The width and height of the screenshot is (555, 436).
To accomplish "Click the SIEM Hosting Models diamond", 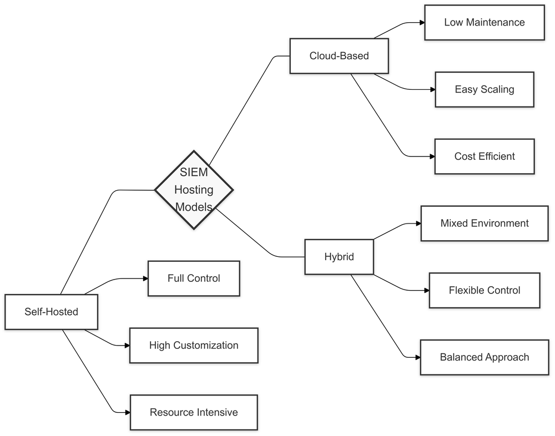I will (194, 190).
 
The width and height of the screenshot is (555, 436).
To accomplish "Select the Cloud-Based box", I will (339, 55).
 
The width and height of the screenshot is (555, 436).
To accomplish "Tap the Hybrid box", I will (339, 257).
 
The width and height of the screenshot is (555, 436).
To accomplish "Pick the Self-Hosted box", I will (51, 312).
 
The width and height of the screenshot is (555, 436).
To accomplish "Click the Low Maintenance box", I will (484, 23).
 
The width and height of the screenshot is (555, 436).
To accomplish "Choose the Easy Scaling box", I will (484, 89).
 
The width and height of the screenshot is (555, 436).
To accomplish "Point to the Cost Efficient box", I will (484, 156).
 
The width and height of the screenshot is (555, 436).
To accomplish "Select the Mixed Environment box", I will (484, 224).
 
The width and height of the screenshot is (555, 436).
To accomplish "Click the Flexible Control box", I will (484, 290).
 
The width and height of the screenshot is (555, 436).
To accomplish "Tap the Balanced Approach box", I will (484, 357).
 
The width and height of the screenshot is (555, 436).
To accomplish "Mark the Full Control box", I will (194, 278).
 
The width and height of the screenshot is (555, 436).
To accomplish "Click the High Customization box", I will (194, 345).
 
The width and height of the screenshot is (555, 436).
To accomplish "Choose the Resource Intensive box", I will (194, 412).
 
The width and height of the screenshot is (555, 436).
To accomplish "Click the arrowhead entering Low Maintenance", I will (421, 23).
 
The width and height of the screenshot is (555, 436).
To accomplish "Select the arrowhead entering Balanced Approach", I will (417, 357).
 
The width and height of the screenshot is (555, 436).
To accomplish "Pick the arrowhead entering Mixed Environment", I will (417, 224).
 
